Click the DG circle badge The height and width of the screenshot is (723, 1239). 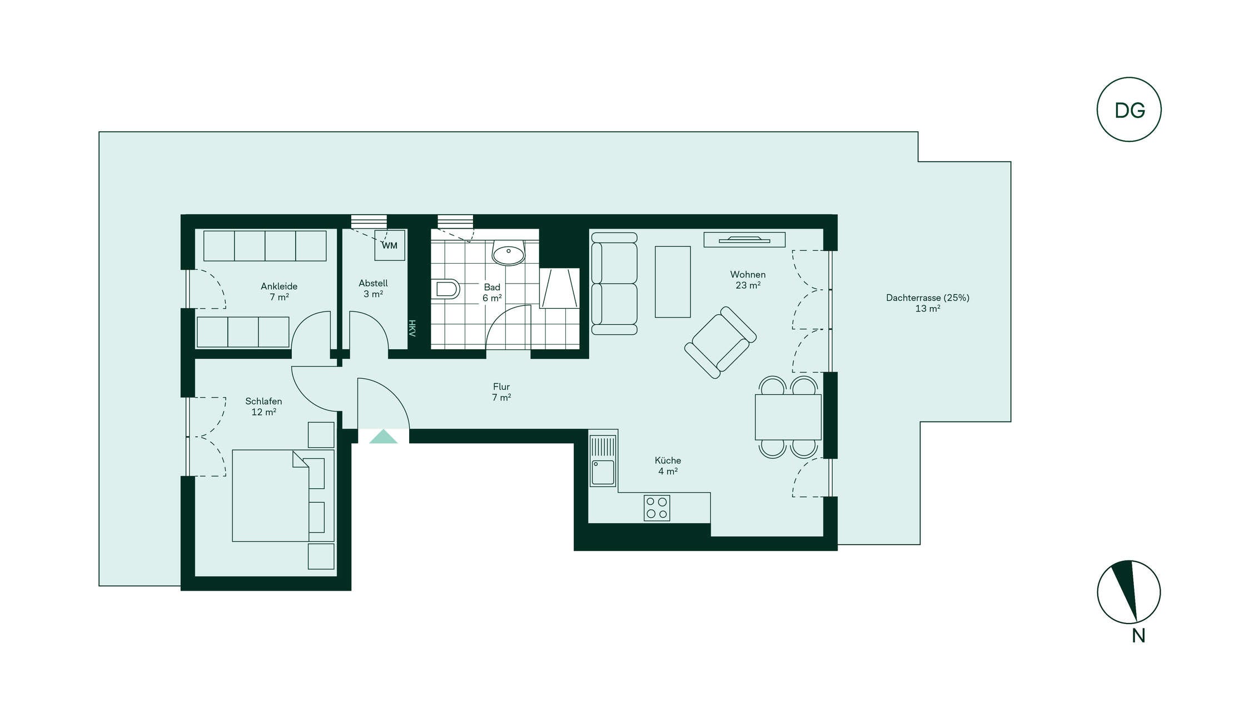(x=1128, y=110)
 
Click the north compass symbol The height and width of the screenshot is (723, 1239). (x=1128, y=592)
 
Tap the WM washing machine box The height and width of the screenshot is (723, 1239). (x=390, y=245)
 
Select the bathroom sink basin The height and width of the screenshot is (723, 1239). (x=508, y=253)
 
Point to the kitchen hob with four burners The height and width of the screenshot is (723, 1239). (x=656, y=508)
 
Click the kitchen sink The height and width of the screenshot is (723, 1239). (x=603, y=461)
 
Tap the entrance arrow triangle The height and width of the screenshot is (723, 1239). (x=383, y=437)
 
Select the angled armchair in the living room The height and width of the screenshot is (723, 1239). (x=720, y=343)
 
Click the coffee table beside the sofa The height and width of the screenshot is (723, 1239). (x=673, y=282)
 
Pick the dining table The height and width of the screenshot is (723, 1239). (x=788, y=417)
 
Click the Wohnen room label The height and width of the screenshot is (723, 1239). (x=748, y=280)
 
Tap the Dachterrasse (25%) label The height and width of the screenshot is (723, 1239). (x=928, y=303)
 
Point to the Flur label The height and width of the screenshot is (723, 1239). (x=501, y=392)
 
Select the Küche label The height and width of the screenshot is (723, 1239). (x=668, y=466)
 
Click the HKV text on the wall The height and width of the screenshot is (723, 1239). (x=412, y=328)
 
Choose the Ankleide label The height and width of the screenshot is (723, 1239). (x=279, y=291)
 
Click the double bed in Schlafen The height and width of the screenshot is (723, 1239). (x=283, y=496)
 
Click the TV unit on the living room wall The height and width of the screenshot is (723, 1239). (x=744, y=240)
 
